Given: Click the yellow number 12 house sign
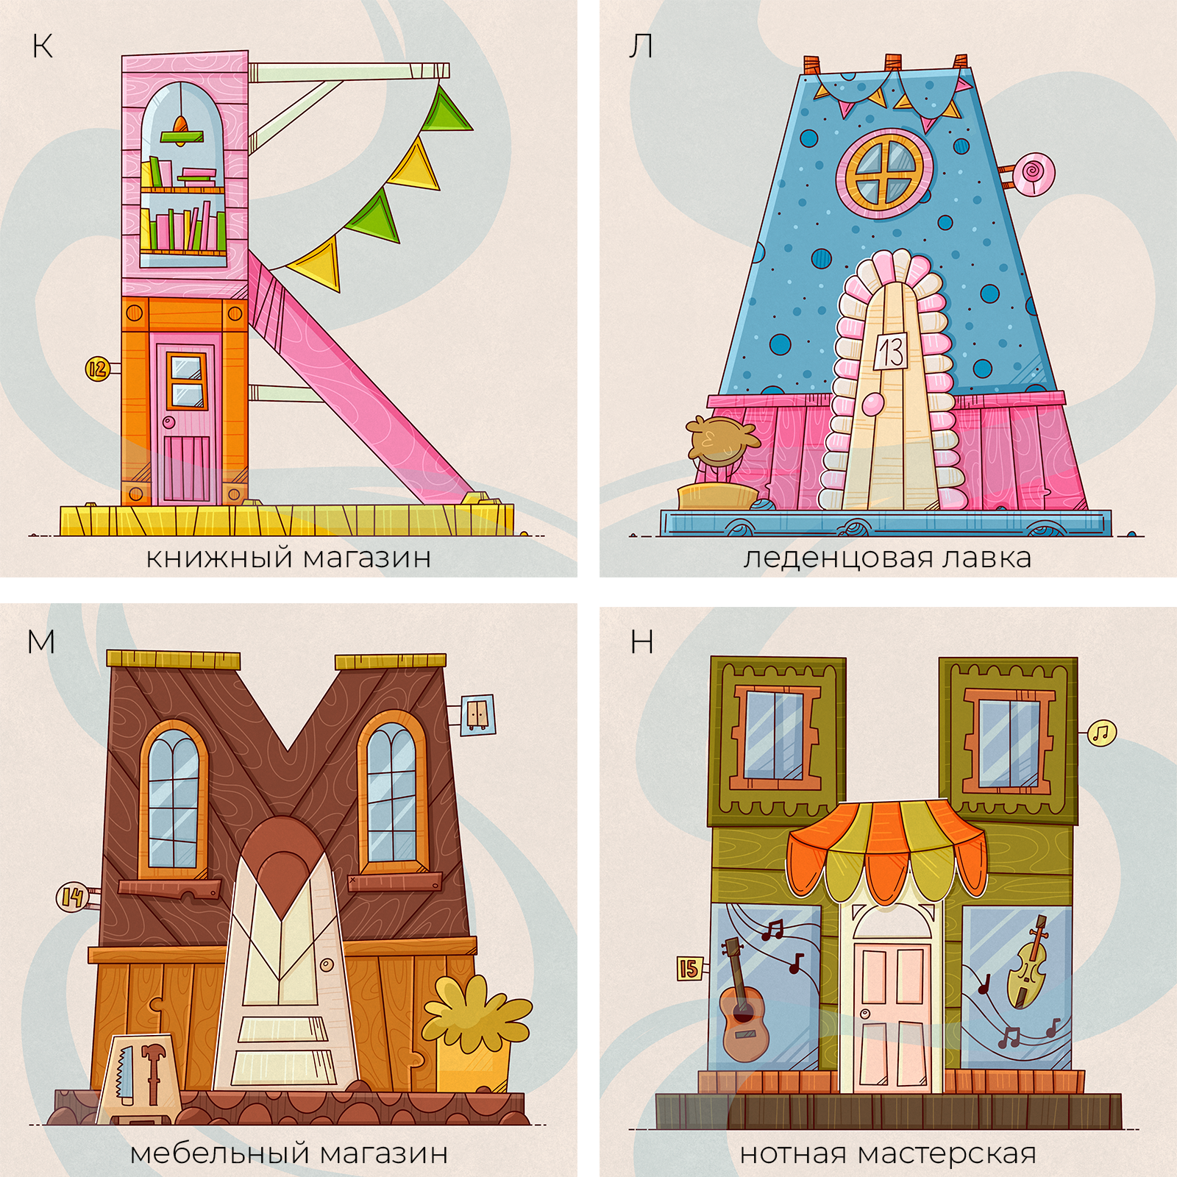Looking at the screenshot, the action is point(98,369).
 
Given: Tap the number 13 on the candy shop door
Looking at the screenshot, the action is point(891,352).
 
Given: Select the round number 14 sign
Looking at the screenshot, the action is point(71,897).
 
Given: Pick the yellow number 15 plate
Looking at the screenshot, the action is point(689,968).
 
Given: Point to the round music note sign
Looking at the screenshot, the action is point(1101,733).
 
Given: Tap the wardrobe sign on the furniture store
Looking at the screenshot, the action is point(477,715).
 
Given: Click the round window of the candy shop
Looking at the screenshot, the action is point(885,174).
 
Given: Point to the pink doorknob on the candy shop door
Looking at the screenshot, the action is point(872,404).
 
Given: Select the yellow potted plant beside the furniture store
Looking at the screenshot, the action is point(475,1034).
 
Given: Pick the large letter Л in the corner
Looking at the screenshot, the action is point(641,46).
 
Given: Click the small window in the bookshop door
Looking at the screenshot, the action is point(187,380).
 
